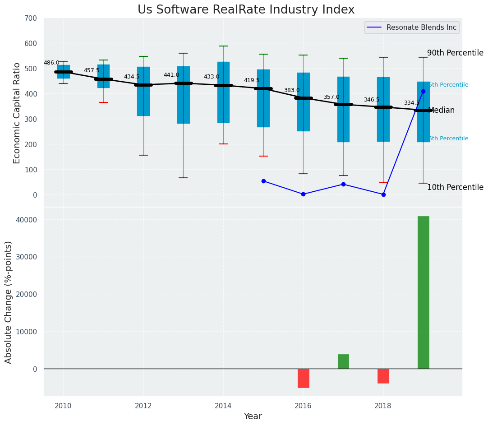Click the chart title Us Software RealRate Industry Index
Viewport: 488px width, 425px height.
[246, 10]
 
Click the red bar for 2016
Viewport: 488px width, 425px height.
[303, 378]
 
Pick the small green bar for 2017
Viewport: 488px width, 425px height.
[343, 361]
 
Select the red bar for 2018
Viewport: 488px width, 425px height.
[383, 376]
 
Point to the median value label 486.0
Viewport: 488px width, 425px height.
[51, 63]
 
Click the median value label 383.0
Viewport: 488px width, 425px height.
[291, 90]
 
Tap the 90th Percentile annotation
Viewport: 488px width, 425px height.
[455, 53]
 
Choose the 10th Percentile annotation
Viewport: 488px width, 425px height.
[455, 187]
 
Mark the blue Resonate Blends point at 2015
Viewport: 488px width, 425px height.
[263, 181]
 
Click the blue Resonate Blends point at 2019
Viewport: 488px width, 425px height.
[423, 91]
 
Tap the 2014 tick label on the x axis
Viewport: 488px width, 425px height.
[223, 406]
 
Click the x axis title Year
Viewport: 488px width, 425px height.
[253, 416]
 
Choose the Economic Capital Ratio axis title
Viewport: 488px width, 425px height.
[17, 113]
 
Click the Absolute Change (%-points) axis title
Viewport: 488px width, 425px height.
[9, 302]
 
